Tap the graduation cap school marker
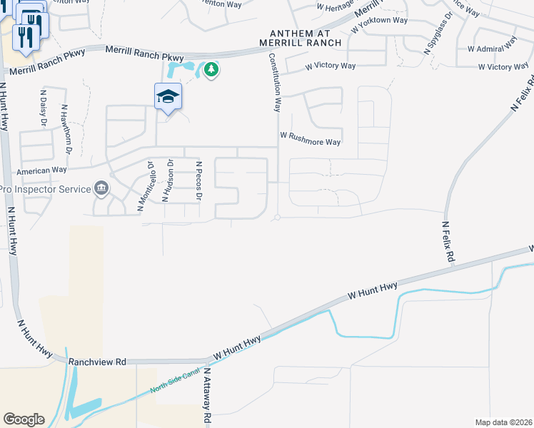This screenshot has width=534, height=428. [x=168, y=96]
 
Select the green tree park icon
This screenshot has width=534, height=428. [x=211, y=69]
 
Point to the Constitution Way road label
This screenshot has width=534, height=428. [x=273, y=81]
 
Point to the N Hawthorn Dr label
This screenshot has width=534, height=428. [x=66, y=129]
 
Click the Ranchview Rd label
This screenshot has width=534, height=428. [x=98, y=362]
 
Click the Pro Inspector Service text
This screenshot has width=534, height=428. [x=45, y=189]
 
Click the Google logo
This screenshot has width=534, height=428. [x=24, y=419]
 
